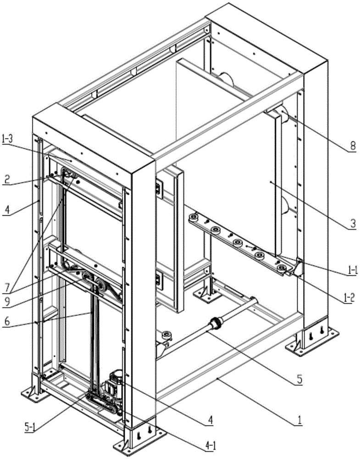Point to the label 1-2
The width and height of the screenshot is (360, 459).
(351, 292)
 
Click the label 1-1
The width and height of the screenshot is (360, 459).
(351, 272)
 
